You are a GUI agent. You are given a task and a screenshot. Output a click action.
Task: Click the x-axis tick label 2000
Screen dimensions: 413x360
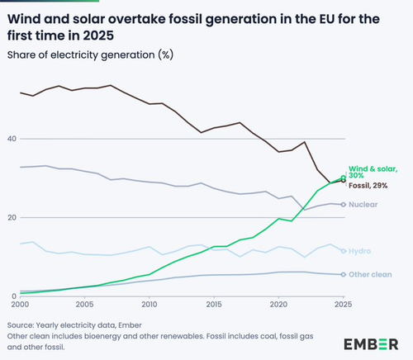(21, 305)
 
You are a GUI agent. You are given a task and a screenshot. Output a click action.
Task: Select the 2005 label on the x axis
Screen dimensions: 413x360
(85, 305)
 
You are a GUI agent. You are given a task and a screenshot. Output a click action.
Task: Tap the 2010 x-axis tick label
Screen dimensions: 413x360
(150, 305)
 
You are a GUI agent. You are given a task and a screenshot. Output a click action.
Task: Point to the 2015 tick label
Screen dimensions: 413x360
(214, 305)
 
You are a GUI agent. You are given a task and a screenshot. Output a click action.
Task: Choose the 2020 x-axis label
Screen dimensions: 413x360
(278, 305)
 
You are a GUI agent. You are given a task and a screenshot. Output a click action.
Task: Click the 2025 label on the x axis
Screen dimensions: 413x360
(344, 305)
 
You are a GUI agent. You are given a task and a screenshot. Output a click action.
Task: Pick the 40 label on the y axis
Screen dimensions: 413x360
(12, 139)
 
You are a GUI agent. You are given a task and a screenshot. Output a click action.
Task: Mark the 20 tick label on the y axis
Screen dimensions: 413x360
(12, 218)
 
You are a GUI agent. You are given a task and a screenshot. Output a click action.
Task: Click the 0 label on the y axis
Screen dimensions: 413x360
(14, 296)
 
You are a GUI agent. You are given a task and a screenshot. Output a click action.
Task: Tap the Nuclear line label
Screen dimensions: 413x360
(363, 205)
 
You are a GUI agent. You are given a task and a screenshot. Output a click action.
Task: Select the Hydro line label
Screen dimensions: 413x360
(360, 251)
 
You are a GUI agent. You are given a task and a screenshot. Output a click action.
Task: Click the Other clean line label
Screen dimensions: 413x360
(370, 274)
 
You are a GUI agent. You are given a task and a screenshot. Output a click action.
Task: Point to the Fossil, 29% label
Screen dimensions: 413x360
(368, 186)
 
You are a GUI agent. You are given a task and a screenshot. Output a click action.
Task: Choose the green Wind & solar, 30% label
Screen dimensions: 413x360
(373, 172)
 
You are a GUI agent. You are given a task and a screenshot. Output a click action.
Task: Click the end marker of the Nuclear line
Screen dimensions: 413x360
(344, 205)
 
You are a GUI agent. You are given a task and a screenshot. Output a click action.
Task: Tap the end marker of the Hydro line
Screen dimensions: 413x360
(344, 251)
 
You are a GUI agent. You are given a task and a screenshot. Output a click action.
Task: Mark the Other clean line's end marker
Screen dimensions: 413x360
(344, 274)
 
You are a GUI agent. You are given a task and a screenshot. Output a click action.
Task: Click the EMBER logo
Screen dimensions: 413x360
(371, 344)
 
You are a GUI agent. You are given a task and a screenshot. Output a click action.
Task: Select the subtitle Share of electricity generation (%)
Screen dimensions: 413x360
(90, 55)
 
